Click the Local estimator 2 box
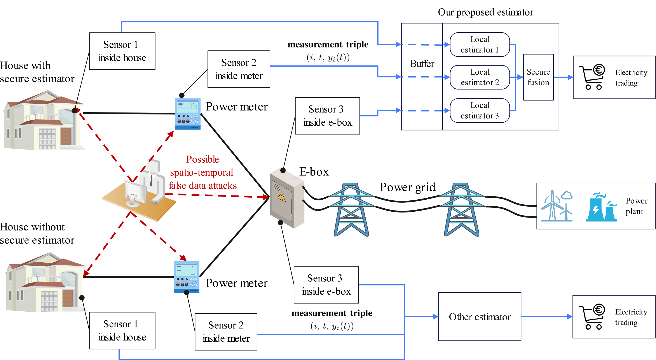pos(480,77)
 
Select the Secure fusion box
pos(538,77)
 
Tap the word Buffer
pos(422,64)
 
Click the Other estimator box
pos(480,317)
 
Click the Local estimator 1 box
pos(480,45)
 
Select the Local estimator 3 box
pos(480,111)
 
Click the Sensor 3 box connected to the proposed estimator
pos(327,116)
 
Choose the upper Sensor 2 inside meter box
pos(239,69)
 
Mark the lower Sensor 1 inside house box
pos(122,330)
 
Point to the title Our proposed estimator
pos(485,12)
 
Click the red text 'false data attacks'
pos(202,186)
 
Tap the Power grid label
pos(407,187)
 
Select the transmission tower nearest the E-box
pos(351,209)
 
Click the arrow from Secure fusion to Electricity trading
pos(563,77)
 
